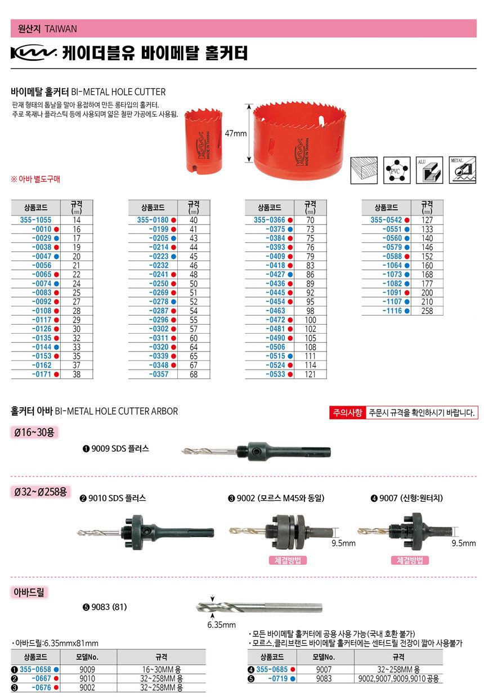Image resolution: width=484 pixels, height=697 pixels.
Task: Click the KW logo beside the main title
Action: (x=33, y=53)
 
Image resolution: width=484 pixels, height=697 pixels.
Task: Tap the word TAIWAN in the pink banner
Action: (x=60, y=29)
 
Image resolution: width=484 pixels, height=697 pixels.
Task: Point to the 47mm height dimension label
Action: (x=236, y=134)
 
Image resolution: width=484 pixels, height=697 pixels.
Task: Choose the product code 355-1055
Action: (x=35, y=221)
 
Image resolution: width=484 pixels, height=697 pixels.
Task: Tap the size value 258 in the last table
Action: (x=427, y=311)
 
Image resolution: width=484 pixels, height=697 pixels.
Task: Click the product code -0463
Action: (x=275, y=311)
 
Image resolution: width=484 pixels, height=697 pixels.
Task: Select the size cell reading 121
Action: (x=310, y=374)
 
